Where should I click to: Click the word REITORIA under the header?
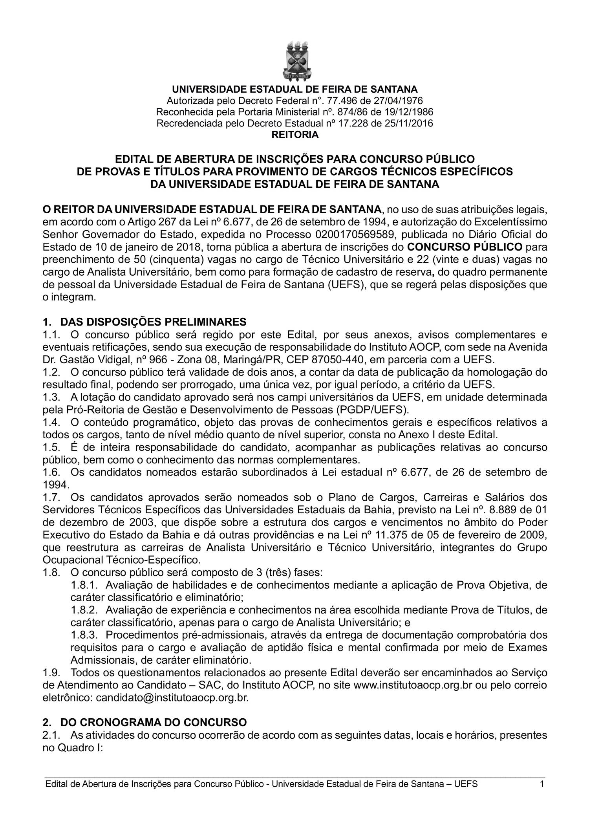[x=295, y=135]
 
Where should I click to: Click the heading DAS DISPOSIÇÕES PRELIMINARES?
[x=153, y=322]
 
